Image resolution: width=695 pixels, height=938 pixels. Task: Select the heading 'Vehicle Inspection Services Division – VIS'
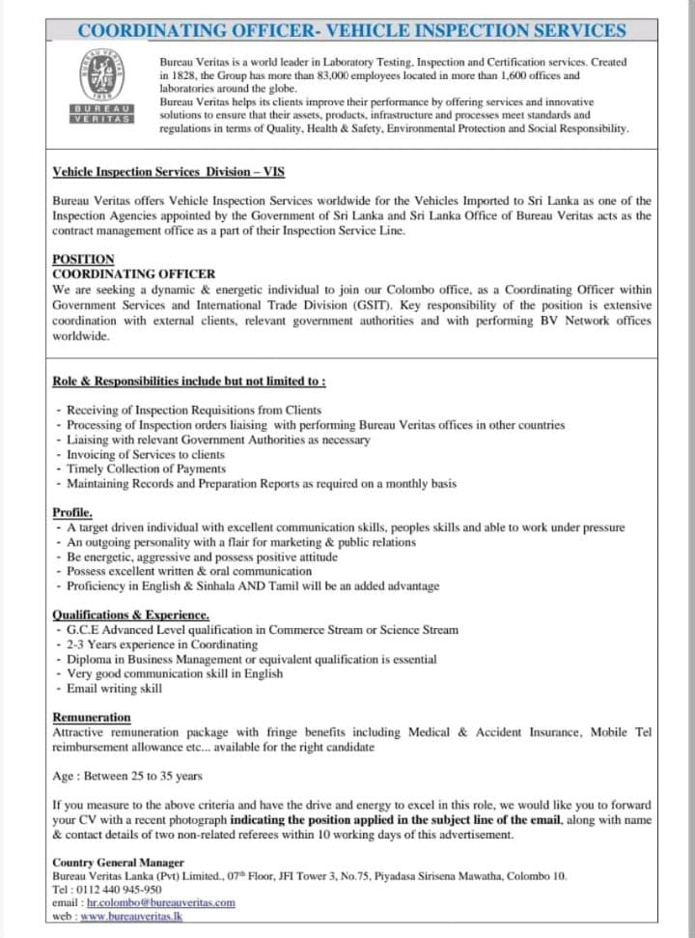coord(168,172)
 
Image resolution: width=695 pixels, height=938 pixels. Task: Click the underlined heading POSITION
coord(83,260)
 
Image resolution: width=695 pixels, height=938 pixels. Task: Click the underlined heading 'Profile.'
coord(72,513)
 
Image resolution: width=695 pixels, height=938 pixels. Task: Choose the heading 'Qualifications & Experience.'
coord(130,615)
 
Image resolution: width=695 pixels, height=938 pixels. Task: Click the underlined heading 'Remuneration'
coord(92,718)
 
